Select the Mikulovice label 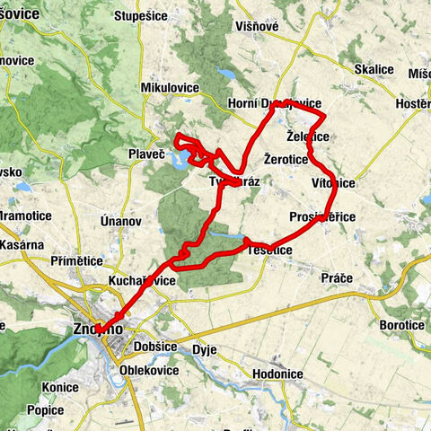point(168,87)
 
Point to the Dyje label point(206,350)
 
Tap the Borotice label point(400,325)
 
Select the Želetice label point(307,136)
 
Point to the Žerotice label point(287,159)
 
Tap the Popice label point(45,409)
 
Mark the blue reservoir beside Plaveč point(180,161)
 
